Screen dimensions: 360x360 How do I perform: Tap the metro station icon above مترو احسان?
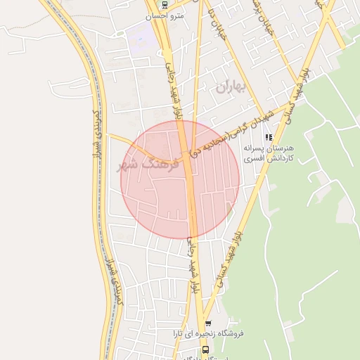[165, 4]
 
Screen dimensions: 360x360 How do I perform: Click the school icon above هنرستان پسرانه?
[268, 136]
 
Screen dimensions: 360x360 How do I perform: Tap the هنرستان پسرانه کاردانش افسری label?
[268, 154]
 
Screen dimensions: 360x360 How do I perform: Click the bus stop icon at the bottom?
[205, 348]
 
